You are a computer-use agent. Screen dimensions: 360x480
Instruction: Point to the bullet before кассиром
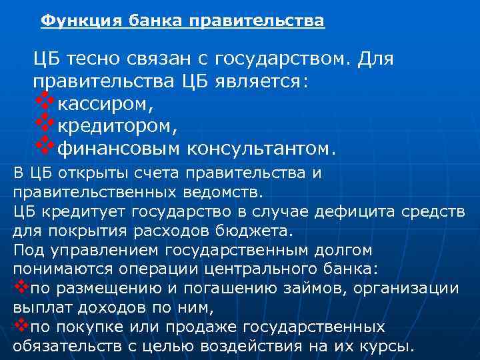pyautogui.click(x=43, y=101)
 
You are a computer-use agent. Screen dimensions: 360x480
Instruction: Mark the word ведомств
pyautogui.click(x=224, y=193)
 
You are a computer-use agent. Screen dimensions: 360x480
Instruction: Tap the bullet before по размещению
pyautogui.click(x=20, y=287)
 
